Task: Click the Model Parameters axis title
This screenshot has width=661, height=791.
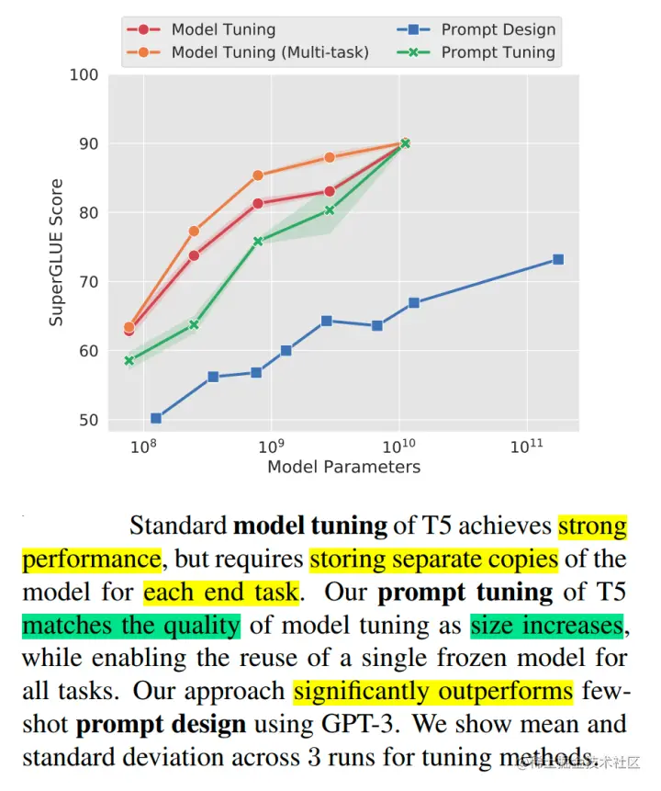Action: click(343, 467)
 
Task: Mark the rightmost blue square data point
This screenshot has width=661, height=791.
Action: click(557, 260)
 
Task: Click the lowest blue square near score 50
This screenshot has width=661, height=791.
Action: click(156, 418)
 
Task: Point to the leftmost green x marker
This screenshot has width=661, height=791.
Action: click(129, 360)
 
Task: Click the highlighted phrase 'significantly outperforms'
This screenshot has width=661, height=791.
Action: click(432, 691)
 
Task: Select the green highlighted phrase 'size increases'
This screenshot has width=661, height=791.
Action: click(547, 626)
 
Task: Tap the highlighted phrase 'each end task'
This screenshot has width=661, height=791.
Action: click(220, 593)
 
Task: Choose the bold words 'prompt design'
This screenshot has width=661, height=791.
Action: click(161, 724)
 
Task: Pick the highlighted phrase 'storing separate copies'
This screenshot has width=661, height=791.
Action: click(432, 559)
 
